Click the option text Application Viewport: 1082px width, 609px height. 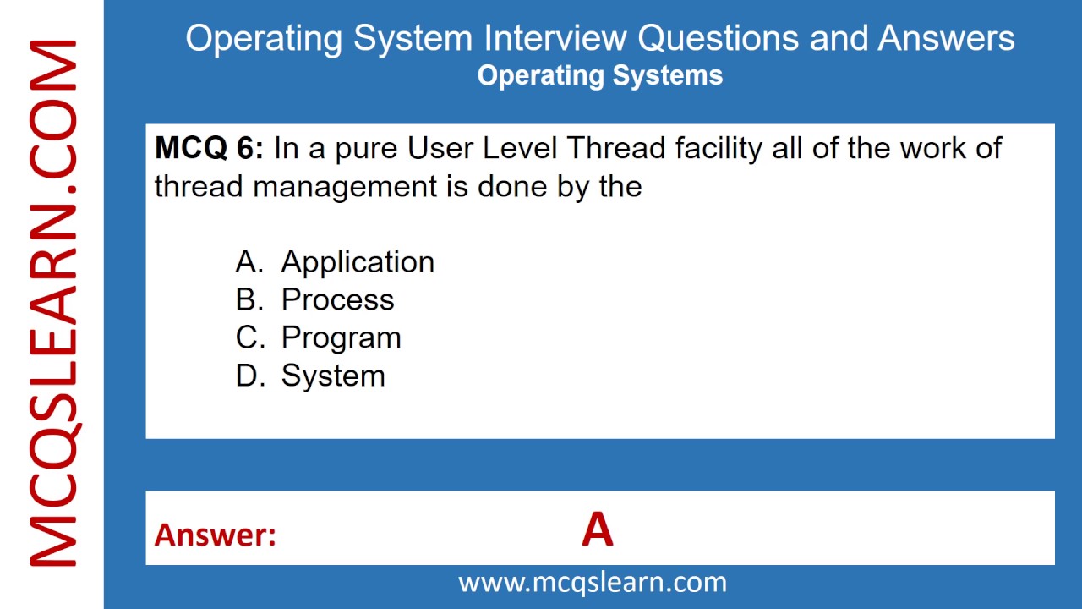pyautogui.click(x=358, y=262)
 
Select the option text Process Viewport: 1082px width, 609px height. pyautogui.click(x=337, y=299)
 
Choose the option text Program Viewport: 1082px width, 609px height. pyautogui.click(x=341, y=337)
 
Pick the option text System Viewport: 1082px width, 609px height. pyautogui.click(x=333, y=376)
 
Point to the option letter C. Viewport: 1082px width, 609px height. pyautogui.click(x=249, y=337)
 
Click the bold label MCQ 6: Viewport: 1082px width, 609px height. pyautogui.click(x=209, y=149)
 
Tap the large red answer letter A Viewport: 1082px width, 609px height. pyautogui.click(x=597, y=530)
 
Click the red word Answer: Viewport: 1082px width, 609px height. pyautogui.click(x=215, y=535)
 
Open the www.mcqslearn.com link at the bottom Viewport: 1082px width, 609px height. pyautogui.click(x=593, y=582)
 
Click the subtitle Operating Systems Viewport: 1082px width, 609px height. pyautogui.click(x=600, y=75)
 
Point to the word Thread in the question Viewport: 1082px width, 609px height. pyautogui.click(x=616, y=149)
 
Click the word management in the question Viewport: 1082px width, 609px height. pyautogui.click(x=344, y=186)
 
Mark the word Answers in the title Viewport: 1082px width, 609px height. pyautogui.click(x=946, y=38)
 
